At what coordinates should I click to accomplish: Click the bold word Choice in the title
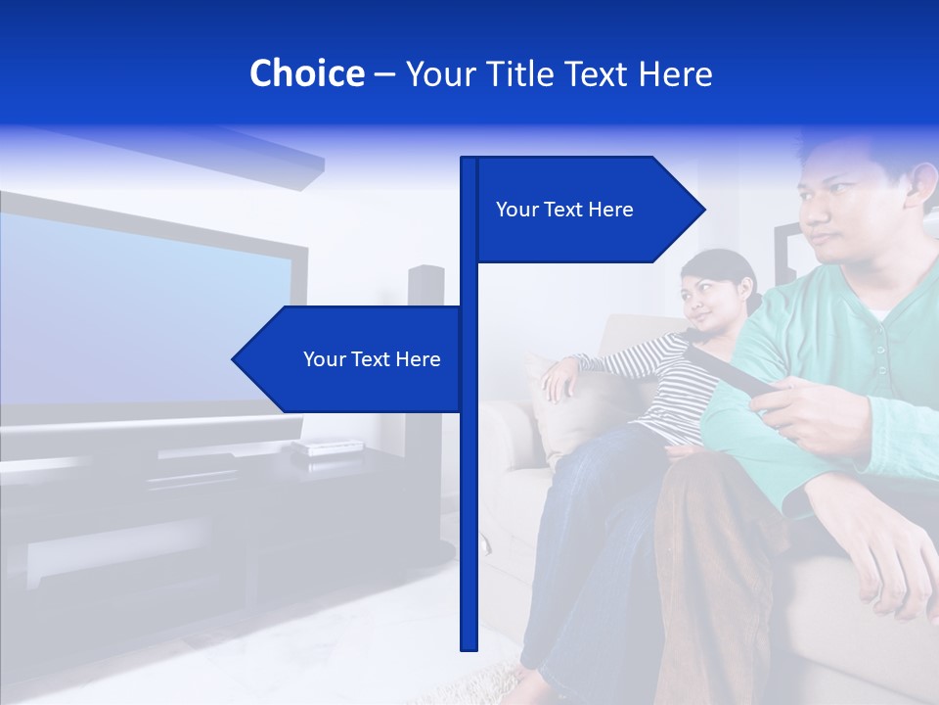(306, 73)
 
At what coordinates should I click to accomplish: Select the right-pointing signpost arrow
(587, 210)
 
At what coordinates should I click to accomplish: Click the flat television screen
(137, 313)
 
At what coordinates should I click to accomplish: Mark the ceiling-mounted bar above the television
(235, 157)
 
